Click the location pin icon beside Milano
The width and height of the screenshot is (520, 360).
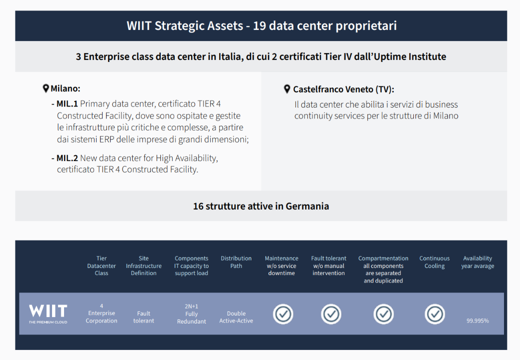point(46,88)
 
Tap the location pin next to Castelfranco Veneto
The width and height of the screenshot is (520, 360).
point(287,89)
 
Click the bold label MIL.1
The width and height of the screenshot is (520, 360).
point(67,104)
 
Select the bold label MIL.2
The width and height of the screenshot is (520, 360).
point(67,158)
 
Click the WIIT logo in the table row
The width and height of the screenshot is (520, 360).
point(48,313)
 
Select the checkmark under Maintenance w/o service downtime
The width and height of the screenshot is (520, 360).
point(283,314)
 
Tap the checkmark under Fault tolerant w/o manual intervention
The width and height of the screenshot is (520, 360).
point(331,314)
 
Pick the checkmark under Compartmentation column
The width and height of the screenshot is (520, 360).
point(383,314)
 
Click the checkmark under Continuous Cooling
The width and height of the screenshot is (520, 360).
point(434,314)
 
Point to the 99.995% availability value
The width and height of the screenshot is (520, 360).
point(477,321)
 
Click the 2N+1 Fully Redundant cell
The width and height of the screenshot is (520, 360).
point(191,313)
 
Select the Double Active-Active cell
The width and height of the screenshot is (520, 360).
point(236,317)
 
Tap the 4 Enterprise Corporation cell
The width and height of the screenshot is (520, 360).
point(102,313)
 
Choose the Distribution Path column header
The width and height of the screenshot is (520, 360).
point(236,262)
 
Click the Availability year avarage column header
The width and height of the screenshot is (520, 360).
point(477,262)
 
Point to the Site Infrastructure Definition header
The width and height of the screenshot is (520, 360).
point(144,265)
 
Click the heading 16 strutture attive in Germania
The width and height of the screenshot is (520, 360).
point(261,206)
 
